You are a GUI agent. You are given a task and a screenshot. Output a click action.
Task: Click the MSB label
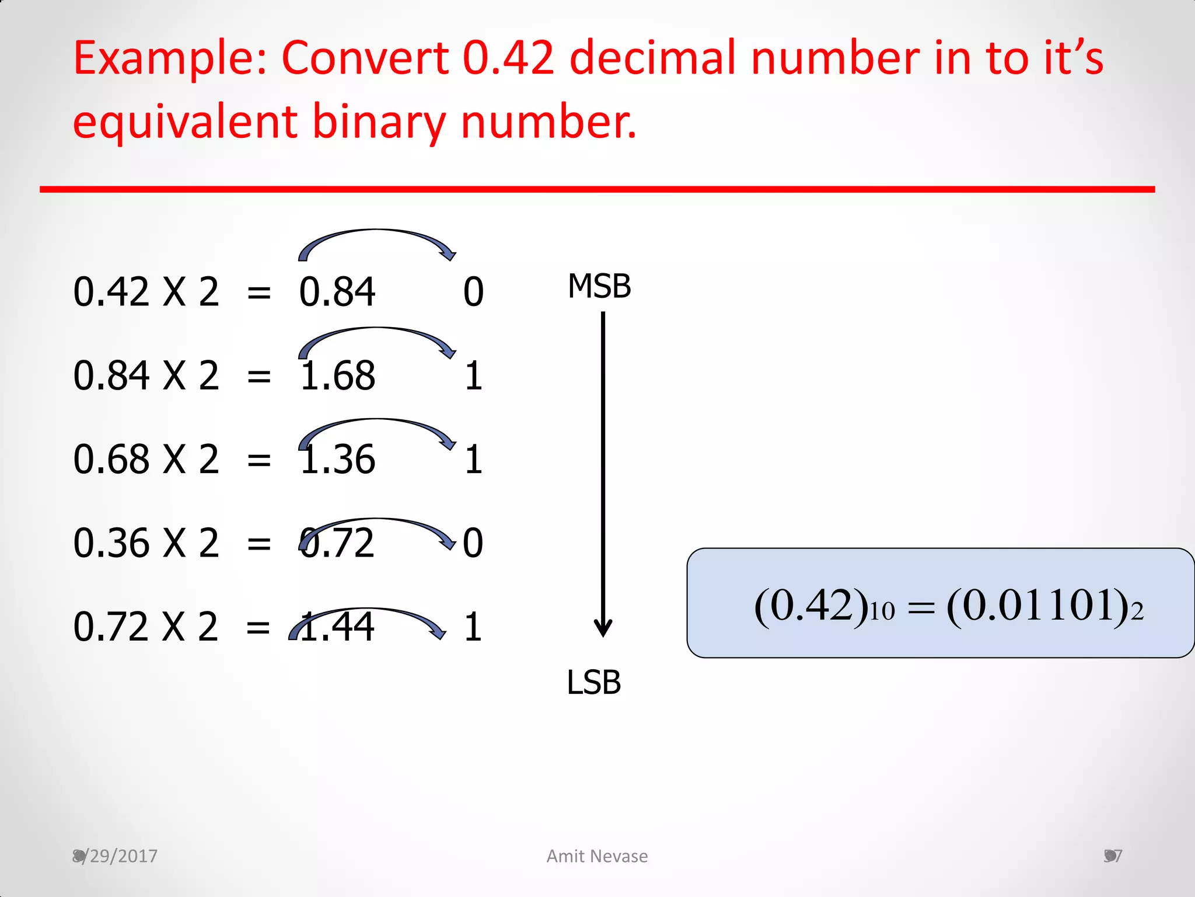point(599,286)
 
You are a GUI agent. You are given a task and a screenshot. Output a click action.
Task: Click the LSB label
point(593,682)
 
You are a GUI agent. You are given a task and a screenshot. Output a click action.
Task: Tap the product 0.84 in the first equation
point(337,292)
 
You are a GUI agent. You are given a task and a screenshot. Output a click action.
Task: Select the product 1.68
point(337,376)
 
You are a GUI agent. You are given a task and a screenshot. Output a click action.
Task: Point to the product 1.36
point(337,460)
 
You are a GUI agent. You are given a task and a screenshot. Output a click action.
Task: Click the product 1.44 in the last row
point(337,627)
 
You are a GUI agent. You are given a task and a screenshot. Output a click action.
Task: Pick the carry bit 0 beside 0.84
point(473,292)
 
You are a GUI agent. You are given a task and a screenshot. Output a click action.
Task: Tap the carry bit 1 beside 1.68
point(473,376)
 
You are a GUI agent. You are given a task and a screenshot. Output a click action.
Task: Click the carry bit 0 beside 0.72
point(473,543)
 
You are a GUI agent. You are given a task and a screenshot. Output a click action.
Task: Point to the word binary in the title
point(379,122)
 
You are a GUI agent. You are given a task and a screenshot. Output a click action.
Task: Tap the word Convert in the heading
point(365,58)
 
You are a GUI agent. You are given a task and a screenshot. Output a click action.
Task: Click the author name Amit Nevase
point(597,856)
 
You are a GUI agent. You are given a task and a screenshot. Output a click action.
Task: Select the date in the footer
point(115,856)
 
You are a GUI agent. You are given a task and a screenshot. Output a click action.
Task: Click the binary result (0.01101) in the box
point(1044,606)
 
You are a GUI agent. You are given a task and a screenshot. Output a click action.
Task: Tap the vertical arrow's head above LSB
point(603,629)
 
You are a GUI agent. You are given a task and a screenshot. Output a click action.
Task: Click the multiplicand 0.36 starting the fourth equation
point(111,543)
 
